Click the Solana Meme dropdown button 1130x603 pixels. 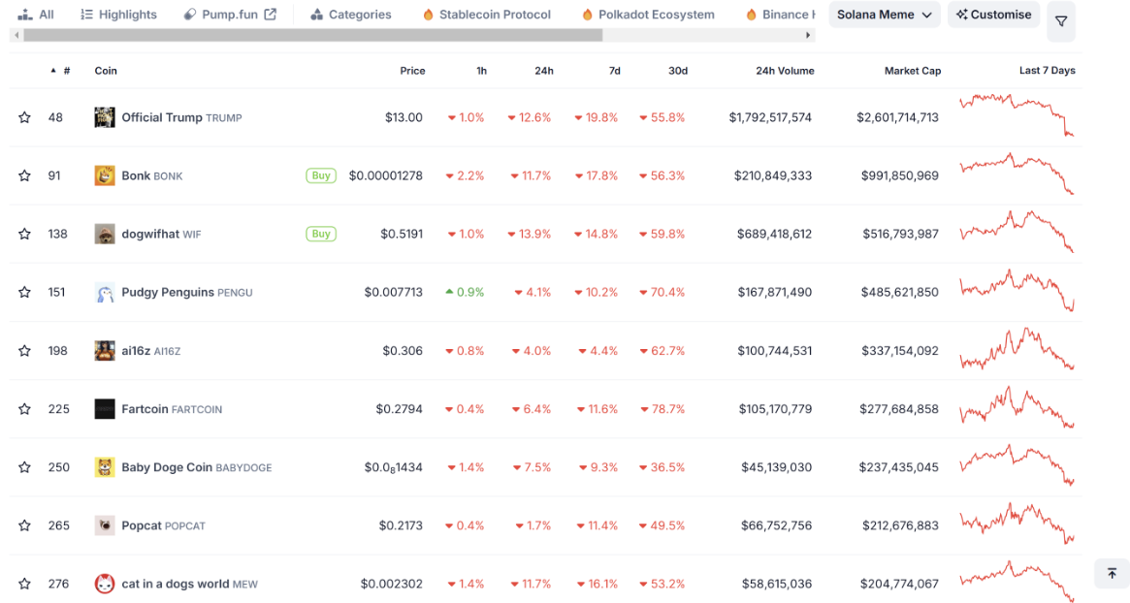[884, 15]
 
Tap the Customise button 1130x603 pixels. [993, 15]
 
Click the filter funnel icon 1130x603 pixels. [1060, 21]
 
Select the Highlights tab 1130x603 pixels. [118, 15]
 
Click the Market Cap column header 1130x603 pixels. [912, 71]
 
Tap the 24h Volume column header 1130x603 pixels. [785, 71]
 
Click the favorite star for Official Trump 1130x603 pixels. [24, 117]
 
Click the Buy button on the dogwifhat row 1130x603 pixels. [320, 234]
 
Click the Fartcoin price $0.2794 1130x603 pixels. [399, 409]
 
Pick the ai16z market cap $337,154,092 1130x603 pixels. [898, 351]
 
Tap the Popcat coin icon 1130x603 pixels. [105, 525]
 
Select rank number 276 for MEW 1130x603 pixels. [58, 584]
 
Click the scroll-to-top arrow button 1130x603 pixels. [1112, 573]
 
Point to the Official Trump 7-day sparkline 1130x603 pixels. [1016, 115]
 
